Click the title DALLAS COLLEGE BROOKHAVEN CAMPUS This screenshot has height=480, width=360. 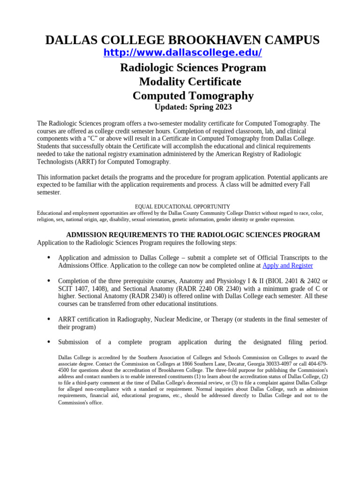click(x=182, y=40)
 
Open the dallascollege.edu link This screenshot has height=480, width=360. click(x=182, y=53)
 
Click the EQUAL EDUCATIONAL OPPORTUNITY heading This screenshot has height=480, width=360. click(x=182, y=206)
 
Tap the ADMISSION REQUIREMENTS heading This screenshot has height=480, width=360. click(x=193, y=235)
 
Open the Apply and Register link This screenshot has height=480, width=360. click(x=287, y=266)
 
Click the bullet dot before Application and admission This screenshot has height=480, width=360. click(x=49, y=257)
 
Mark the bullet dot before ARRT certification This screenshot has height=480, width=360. click(x=49, y=319)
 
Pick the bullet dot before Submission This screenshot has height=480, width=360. click(x=49, y=342)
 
